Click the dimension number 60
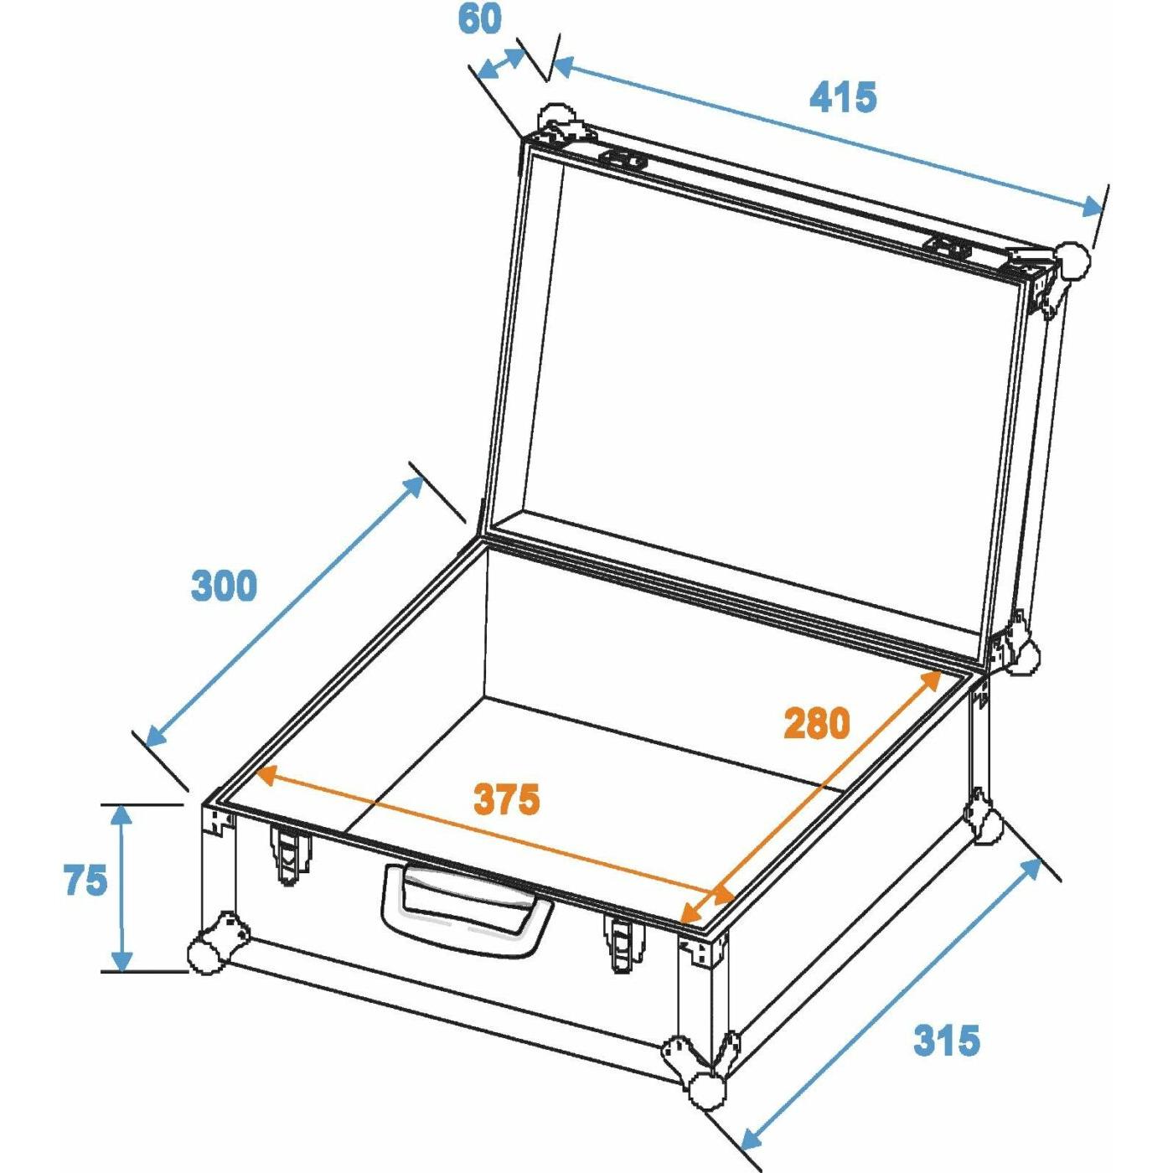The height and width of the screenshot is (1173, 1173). pos(479,20)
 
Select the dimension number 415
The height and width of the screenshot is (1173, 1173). pos(843,97)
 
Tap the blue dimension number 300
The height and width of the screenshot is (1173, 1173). pos(224,586)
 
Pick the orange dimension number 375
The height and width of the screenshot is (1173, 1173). pos(506,799)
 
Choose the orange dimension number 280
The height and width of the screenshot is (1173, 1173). pos(816,723)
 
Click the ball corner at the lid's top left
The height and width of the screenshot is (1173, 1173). pos(555,121)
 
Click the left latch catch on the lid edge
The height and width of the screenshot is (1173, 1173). pos(623,160)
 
